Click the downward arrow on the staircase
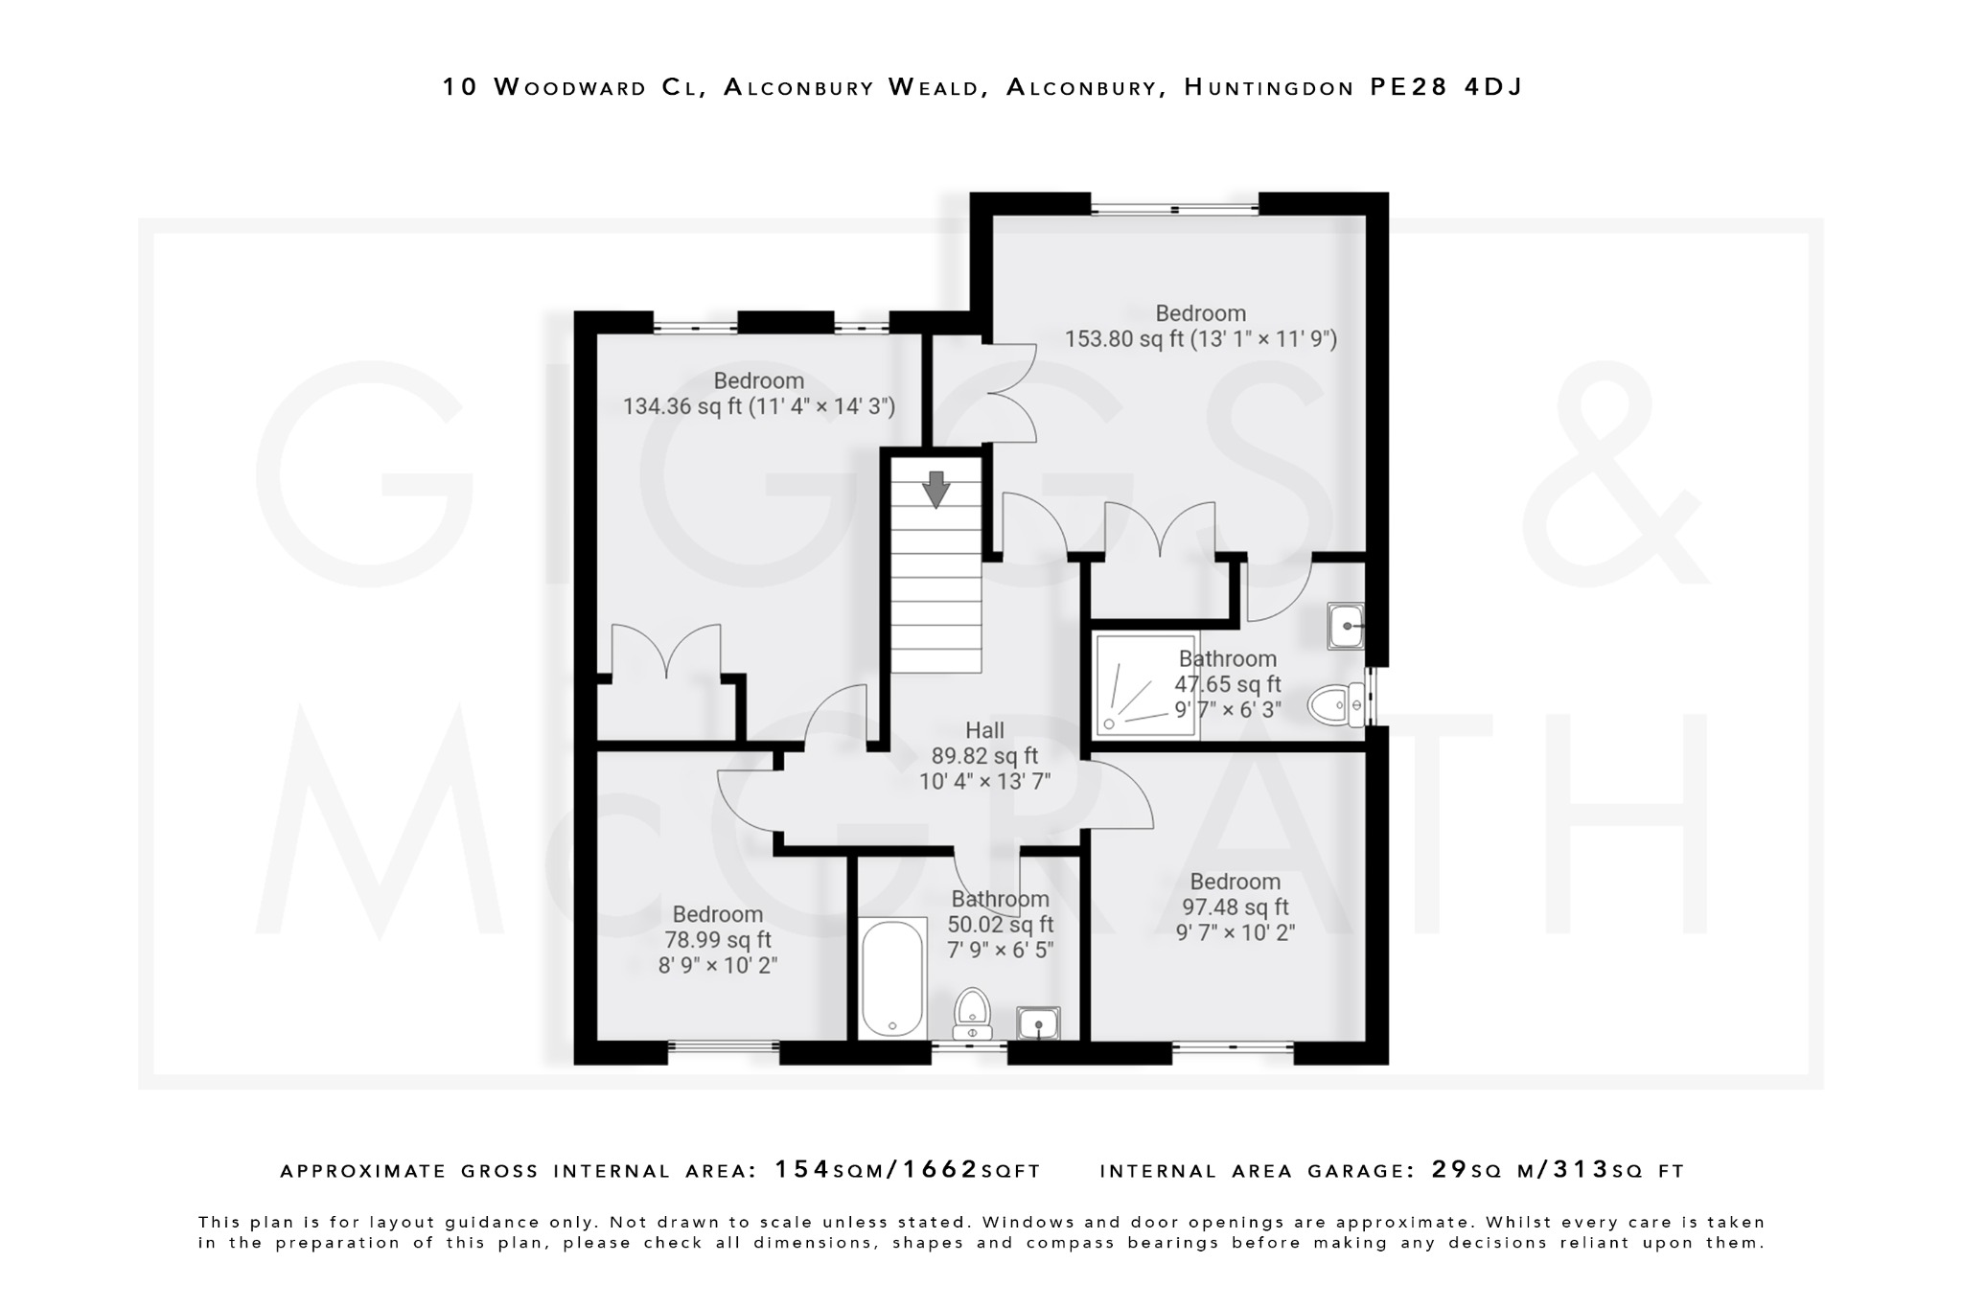(x=935, y=489)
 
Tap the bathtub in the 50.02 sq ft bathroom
(x=892, y=977)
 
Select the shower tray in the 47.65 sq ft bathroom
(x=1146, y=684)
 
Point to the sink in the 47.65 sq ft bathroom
(x=1346, y=626)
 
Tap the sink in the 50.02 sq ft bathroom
(x=1038, y=1023)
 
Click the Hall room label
(x=984, y=730)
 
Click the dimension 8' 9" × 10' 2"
(x=717, y=965)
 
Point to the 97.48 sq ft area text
(x=1235, y=906)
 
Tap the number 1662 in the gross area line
(x=943, y=1170)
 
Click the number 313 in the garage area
(x=1581, y=1170)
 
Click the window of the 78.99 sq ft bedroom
(x=724, y=1047)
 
